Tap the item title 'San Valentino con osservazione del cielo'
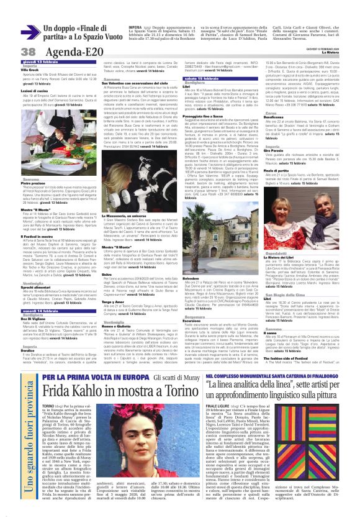pyautogui.click(x=133, y=85)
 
